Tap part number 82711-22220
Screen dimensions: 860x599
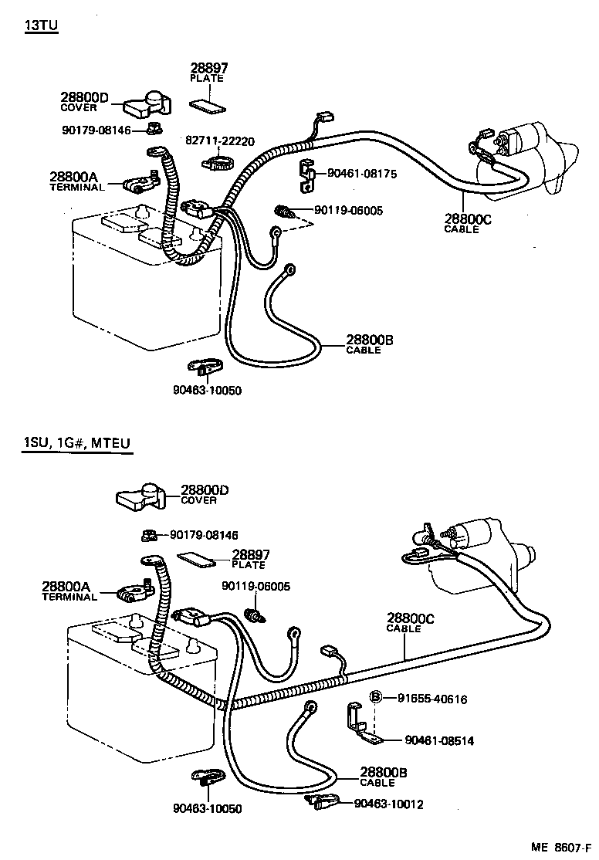pos(220,141)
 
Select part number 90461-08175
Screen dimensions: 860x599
pos(362,174)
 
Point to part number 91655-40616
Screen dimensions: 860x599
pos(432,699)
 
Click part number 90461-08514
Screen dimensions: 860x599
pos(439,741)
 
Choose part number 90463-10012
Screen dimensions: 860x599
pos(388,804)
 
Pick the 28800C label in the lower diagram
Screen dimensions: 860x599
pos(411,618)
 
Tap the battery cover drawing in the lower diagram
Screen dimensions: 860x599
pos(140,496)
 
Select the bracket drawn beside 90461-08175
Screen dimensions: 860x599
pos(306,178)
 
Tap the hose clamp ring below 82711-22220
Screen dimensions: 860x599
pos(218,163)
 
